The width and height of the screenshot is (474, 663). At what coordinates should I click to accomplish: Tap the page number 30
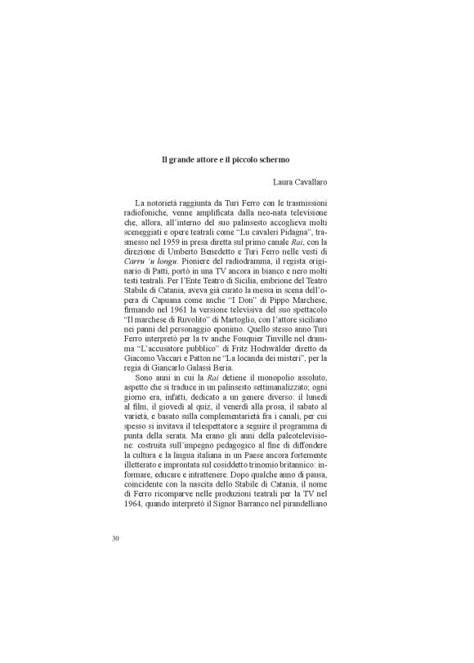pos(115,538)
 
